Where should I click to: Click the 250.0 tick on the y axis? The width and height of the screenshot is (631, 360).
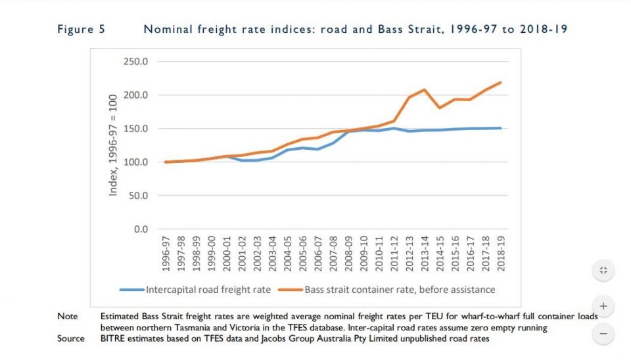pos(135,62)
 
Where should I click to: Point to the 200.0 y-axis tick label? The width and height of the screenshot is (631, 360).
pos(135,95)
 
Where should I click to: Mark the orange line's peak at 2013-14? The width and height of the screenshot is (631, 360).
pos(424,89)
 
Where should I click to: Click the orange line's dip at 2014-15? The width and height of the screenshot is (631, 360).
pos(439,108)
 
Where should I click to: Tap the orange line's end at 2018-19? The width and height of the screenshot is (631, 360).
pos(501,83)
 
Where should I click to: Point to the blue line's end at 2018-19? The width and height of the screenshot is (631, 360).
pos(501,128)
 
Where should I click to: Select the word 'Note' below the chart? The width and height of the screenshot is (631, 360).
pos(67,317)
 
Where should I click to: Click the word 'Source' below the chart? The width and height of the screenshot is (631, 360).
pos(71,338)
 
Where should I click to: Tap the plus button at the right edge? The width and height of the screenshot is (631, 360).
pos(603,306)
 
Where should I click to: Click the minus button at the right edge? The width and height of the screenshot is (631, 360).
pos(603,334)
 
